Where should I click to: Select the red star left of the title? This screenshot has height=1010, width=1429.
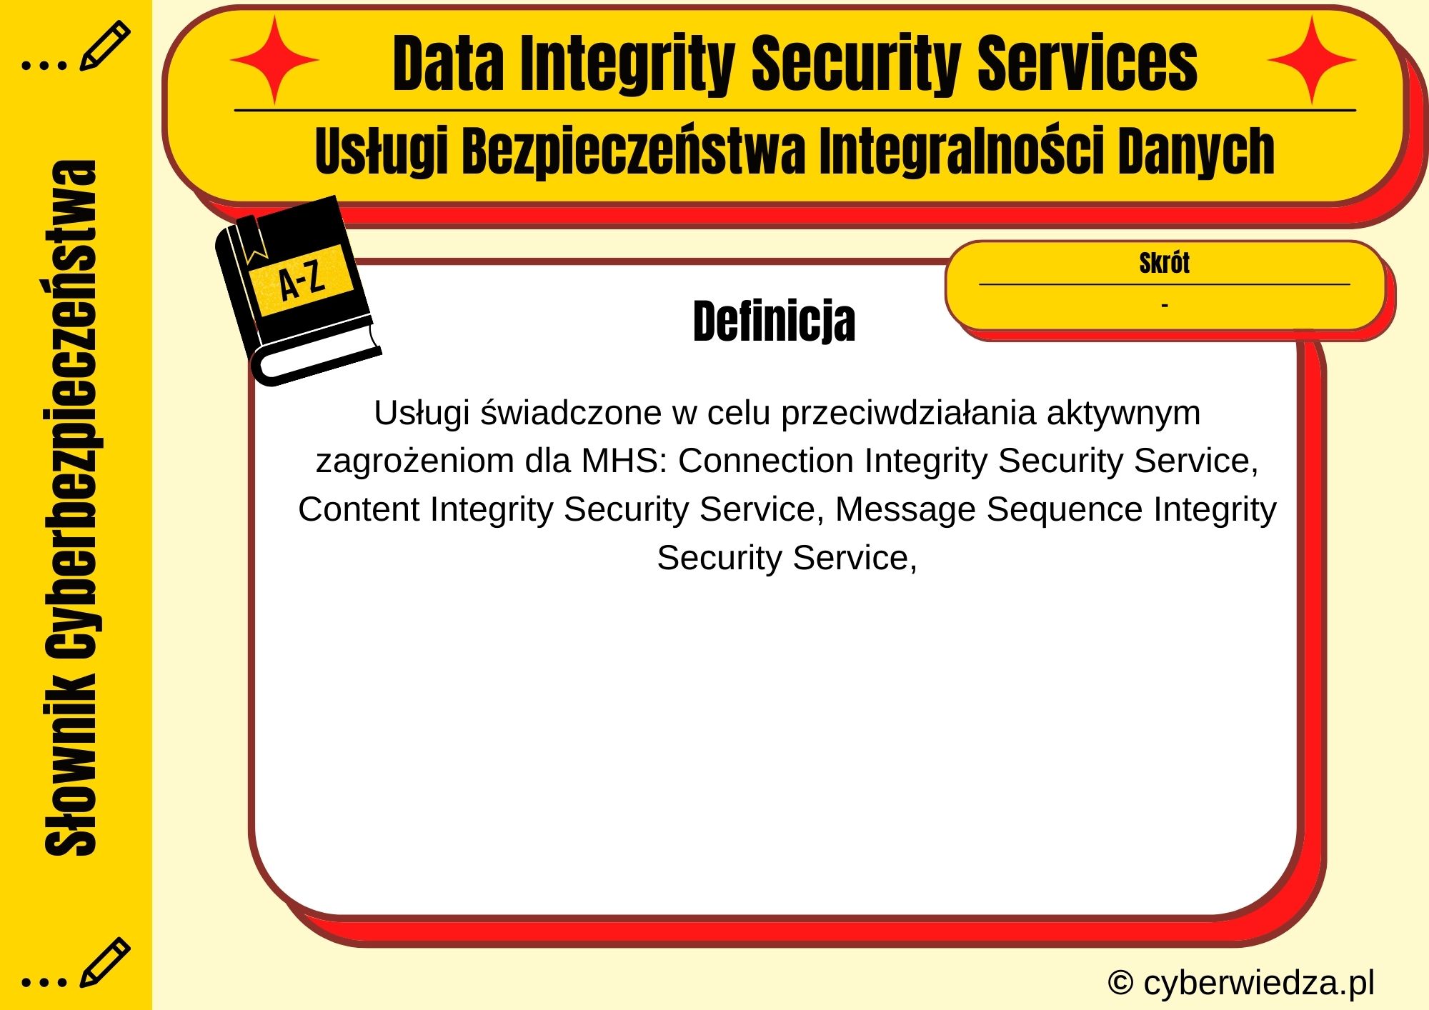274,61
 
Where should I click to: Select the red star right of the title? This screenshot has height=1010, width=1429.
1312,61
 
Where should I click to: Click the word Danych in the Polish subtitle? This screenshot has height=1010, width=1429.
1196,151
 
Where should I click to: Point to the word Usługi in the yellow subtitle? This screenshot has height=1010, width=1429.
381,151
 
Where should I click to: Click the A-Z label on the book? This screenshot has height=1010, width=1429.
302,280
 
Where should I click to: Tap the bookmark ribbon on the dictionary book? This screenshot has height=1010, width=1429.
252,239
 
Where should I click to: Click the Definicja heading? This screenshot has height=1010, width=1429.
774,321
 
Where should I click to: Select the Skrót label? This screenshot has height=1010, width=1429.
1164,263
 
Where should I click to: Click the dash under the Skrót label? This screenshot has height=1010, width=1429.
1165,305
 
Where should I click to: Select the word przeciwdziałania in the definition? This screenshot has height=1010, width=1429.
907,413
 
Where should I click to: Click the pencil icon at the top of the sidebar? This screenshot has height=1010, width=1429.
104,46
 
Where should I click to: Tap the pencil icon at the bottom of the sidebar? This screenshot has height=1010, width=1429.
104,962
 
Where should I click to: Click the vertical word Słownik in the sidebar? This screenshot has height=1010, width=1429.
71,764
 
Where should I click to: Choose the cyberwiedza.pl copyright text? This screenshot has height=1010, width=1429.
1240,983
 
